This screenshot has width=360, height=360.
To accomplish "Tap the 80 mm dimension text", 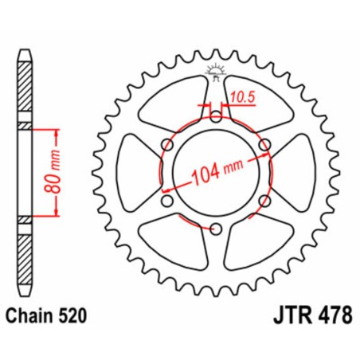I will point(52,170).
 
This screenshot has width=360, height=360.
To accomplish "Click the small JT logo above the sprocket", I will point(215,70).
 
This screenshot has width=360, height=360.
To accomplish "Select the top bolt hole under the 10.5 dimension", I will point(215,115).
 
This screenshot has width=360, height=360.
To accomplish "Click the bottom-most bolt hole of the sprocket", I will point(215,230).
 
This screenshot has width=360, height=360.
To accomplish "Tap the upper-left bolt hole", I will point(165,143).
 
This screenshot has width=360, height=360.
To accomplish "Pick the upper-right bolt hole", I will point(265,143).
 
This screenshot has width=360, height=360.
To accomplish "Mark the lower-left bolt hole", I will point(165,202).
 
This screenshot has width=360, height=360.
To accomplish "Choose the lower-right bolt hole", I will point(265,202).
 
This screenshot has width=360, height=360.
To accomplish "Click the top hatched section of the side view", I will point(25,88).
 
